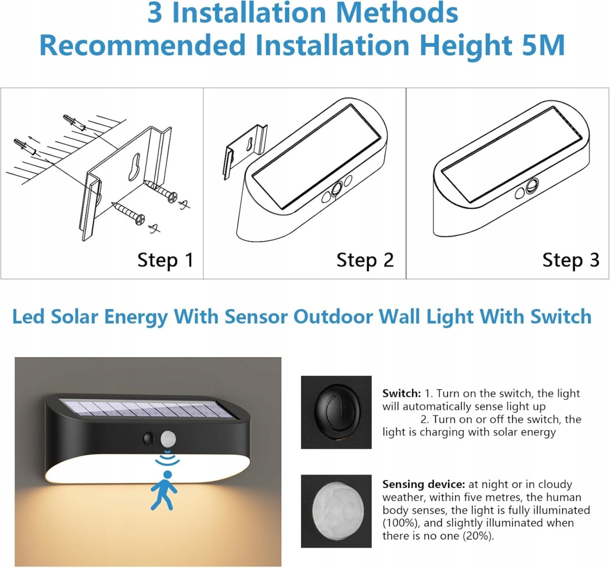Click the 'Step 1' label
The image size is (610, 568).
(165, 260)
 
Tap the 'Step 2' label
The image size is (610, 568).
(365, 260)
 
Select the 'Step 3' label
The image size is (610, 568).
(570, 260)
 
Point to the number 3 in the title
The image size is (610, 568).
(155, 13)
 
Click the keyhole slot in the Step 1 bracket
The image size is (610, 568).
(135, 167)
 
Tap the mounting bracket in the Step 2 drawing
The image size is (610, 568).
(244, 151)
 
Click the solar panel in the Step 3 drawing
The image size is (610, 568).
(512, 154)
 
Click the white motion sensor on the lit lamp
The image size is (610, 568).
(168, 440)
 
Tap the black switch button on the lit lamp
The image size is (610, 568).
(148, 439)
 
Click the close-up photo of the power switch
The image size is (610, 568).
(336, 412)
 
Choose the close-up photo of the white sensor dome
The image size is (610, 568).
(336, 511)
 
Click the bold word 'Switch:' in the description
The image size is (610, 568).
(401, 393)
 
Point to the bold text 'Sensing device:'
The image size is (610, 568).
(424, 484)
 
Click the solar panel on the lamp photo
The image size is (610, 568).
(150, 409)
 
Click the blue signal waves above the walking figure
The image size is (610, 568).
(168, 457)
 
